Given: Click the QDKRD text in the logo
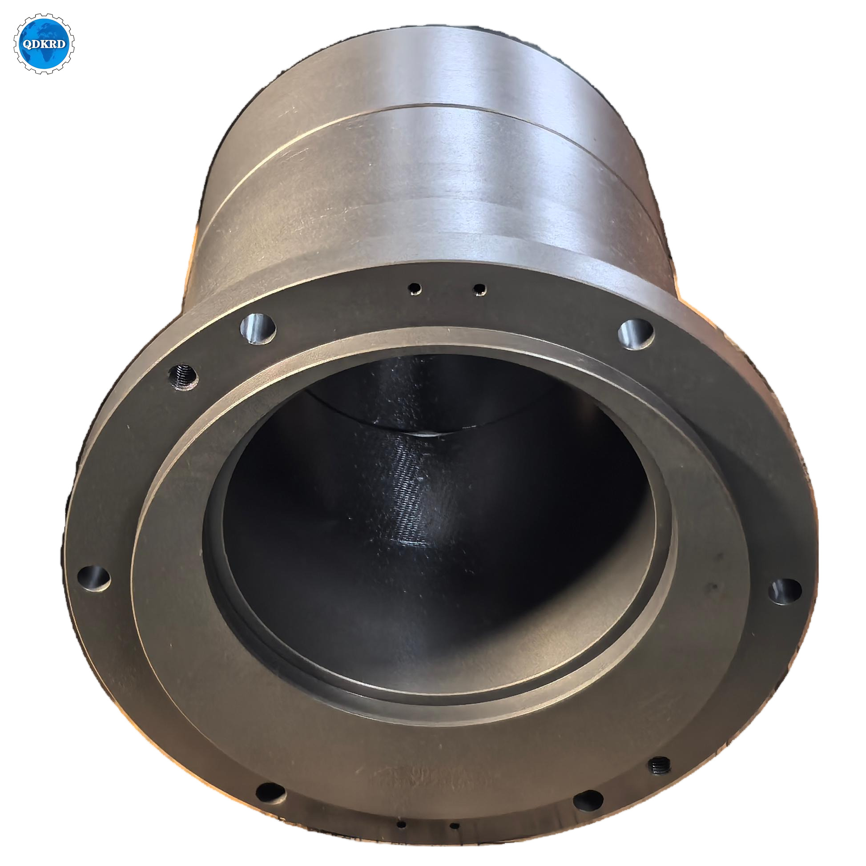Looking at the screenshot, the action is pyautogui.click(x=44, y=44).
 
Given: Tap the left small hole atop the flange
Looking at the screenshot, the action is pyautogui.click(x=415, y=288).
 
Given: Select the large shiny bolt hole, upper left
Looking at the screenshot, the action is pyautogui.click(x=258, y=328).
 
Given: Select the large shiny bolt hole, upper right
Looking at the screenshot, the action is pyautogui.click(x=636, y=334).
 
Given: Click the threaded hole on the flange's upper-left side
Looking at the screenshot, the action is pyautogui.click(x=183, y=377).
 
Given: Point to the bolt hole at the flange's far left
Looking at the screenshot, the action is pyautogui.click(x=94, y=578).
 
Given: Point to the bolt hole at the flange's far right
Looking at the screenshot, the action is pyautogui.click(x=785, y=591).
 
